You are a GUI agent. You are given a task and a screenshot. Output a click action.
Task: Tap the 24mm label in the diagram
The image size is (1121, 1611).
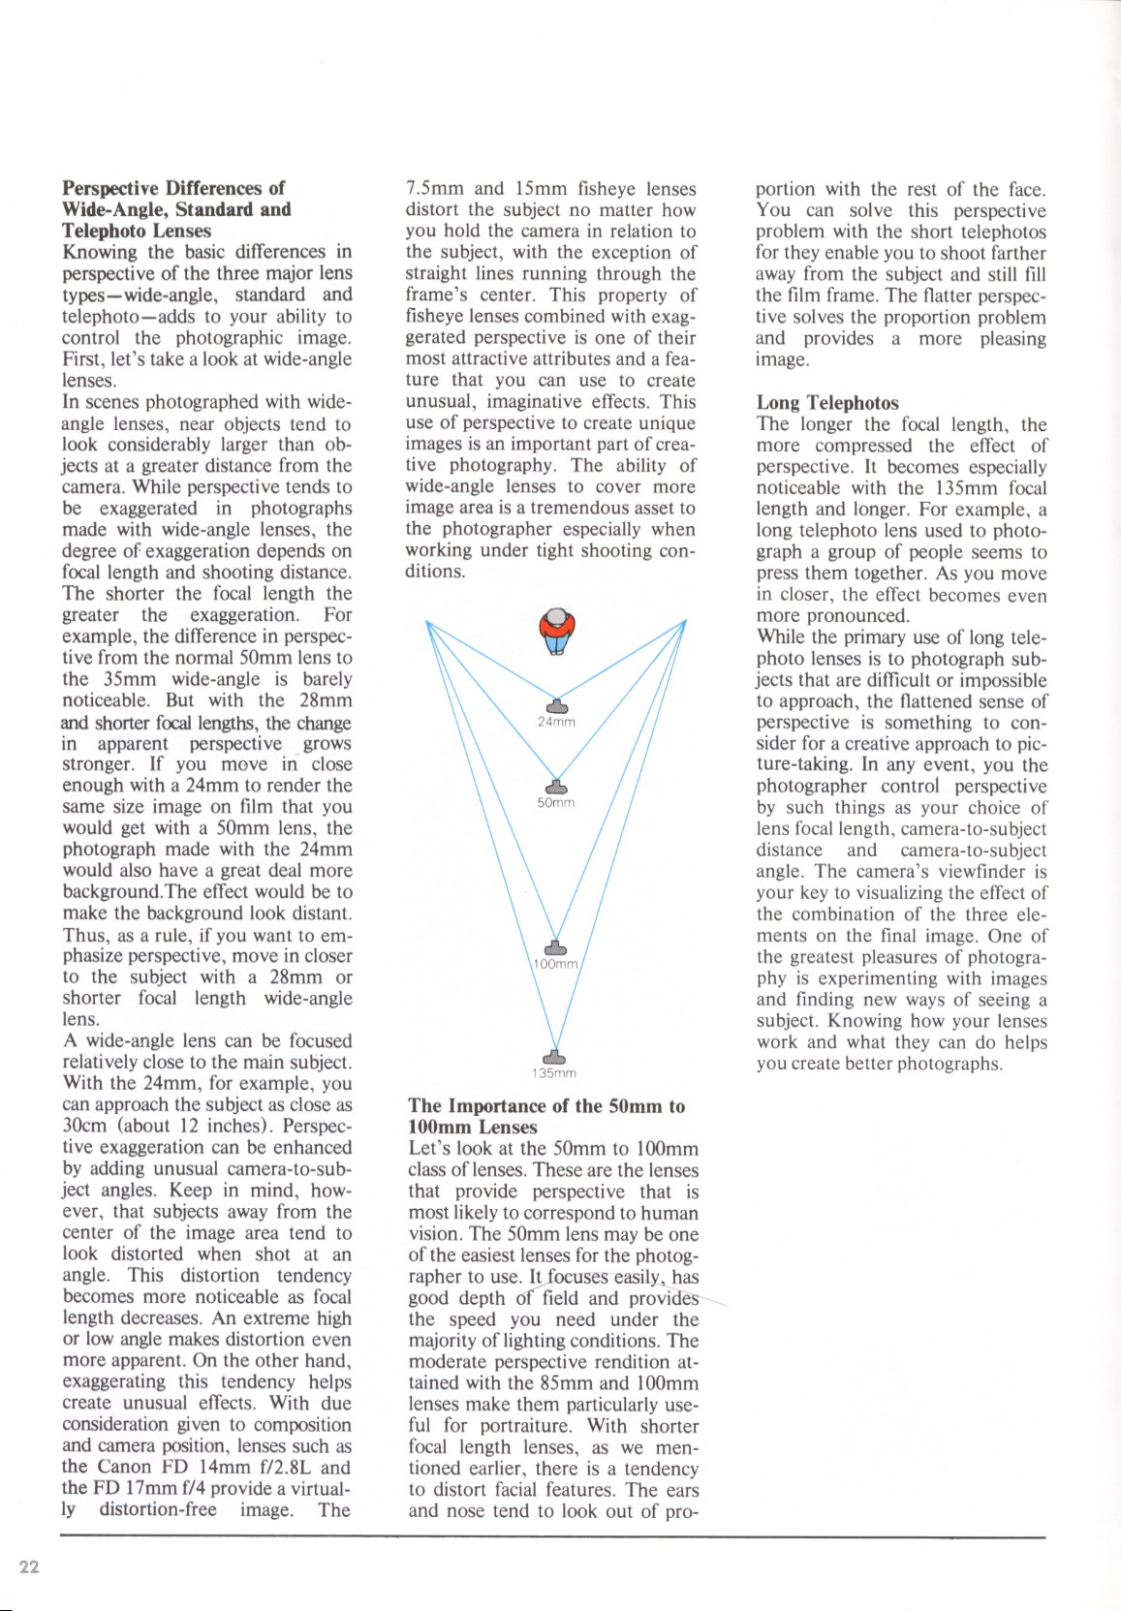556,722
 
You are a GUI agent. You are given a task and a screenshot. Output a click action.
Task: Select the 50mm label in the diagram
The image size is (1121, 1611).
556,802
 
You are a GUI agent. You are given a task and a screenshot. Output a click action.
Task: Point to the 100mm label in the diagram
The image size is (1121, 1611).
556,965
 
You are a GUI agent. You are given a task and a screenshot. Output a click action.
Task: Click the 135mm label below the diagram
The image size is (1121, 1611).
554,1073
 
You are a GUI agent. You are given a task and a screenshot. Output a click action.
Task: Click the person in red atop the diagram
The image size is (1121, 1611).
556,630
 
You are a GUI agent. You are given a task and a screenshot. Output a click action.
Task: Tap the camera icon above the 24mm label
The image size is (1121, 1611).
556,705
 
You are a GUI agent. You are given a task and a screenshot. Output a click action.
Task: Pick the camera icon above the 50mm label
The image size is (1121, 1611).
555,786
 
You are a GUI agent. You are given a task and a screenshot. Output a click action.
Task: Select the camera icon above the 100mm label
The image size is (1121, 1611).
555,946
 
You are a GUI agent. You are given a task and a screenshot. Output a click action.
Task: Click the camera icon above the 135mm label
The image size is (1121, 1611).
553,1056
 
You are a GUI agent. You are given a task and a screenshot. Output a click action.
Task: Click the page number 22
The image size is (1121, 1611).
29,1568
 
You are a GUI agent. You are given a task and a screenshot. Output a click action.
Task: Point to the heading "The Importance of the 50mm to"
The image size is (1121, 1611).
546,1106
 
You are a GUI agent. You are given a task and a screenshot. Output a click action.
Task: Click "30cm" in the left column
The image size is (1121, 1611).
84,1127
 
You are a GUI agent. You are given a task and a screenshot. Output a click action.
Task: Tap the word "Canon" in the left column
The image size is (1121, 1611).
125,1467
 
